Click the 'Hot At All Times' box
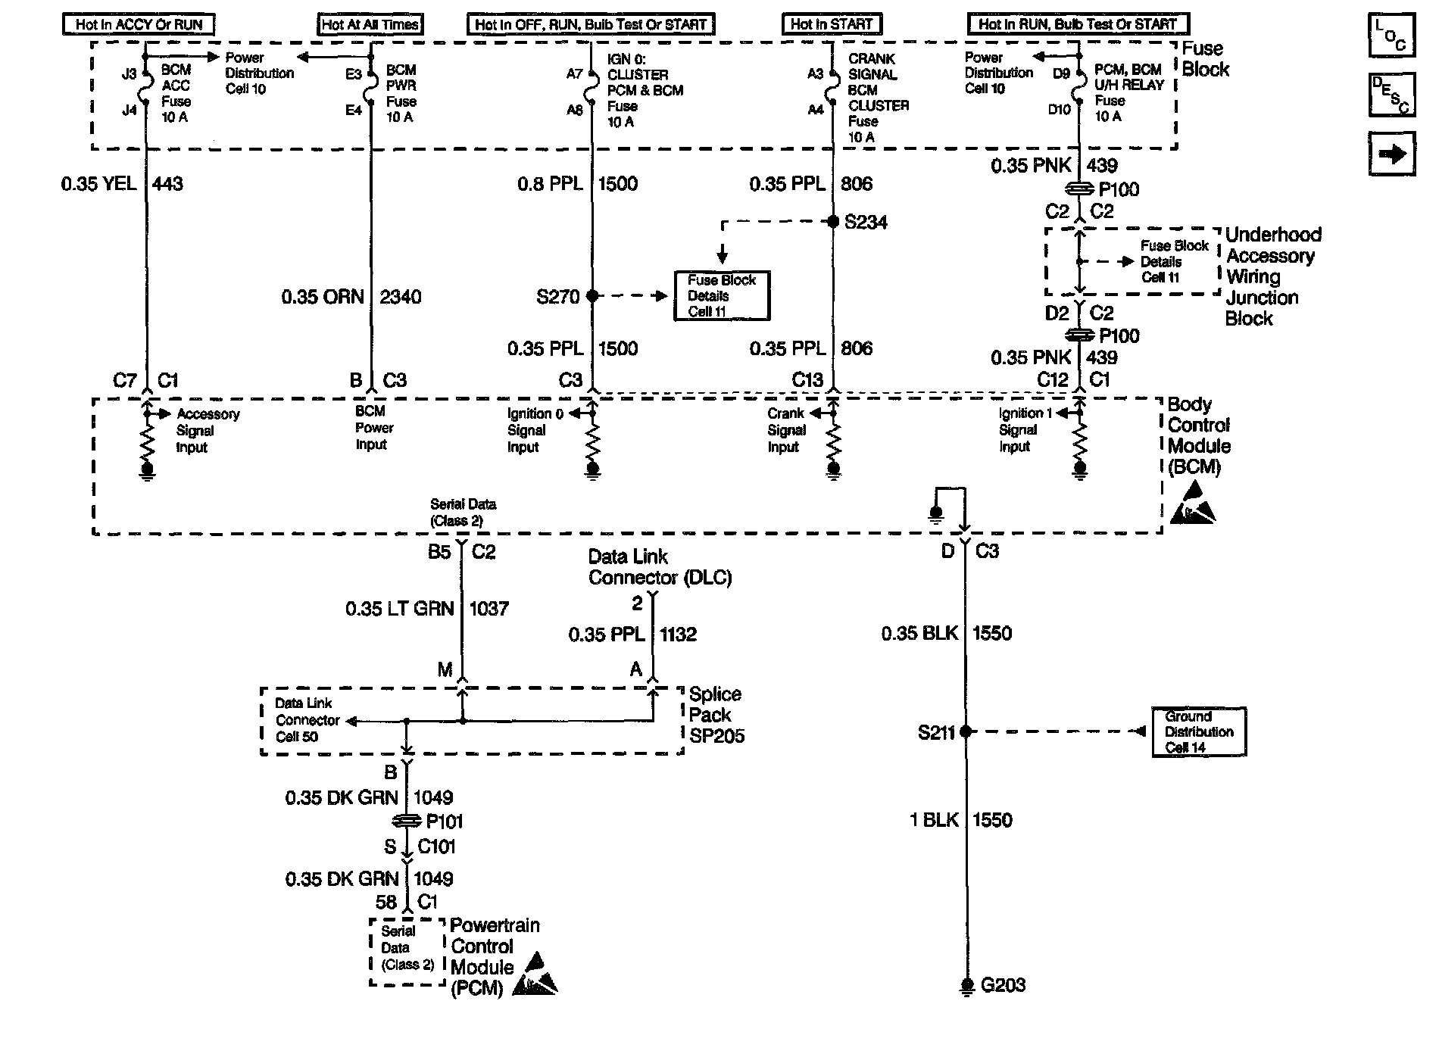[370, 24]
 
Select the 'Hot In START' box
[832, 24]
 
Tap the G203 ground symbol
[966, 984]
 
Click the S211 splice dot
[966, 731]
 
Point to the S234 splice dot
[832, 222]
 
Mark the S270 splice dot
[592, 296]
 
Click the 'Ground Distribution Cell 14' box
[1199, 731]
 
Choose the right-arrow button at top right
[1391, 154]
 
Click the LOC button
[1391, 36]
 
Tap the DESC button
[1391, 95]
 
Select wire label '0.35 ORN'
[323, 297]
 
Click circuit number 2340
[401, 297]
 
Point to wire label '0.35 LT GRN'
[399, 609]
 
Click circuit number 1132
[678, 635]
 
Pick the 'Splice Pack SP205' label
[716, 715]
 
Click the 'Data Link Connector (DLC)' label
[660, 567]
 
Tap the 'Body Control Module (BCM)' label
[1198, 435]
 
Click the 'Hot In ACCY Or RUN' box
[139, 24]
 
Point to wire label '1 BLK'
[934, 820]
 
